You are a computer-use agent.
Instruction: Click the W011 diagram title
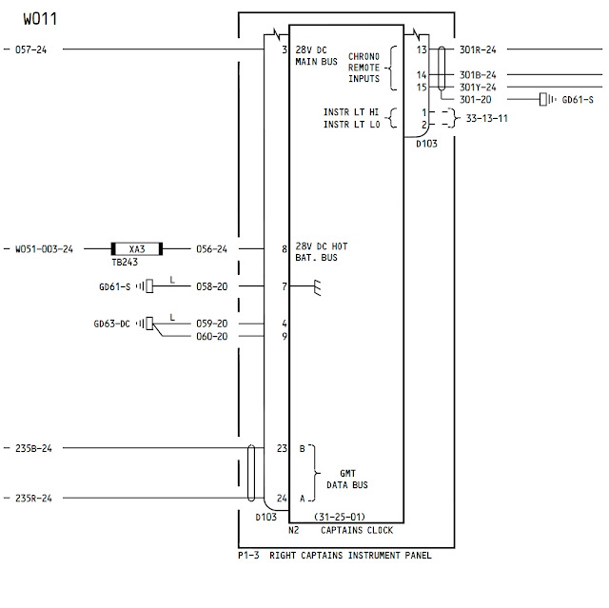point(40,19)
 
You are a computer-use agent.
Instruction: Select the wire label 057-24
point(30,49)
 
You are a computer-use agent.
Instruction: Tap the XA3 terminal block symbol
point(137,249)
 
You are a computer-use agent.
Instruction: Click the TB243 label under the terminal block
point(125,262)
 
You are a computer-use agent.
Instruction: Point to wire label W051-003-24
point(44,249)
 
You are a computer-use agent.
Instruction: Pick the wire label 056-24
point(211,249)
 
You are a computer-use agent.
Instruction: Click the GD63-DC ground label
point(112,324)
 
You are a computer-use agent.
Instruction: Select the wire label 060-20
point(211,336)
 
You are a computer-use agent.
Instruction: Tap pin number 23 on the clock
point(282,448)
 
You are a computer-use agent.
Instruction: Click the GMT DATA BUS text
point(347,480)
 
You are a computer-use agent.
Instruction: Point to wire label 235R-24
point(33,499)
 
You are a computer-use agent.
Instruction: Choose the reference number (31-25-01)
point(340,517)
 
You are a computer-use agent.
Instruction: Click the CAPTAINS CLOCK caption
point(357,530)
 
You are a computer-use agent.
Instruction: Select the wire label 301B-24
point(478,75)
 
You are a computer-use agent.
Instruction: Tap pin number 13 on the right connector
point(422,49)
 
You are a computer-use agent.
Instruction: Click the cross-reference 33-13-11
point(486,118)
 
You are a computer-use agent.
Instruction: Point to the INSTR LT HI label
point(351,112)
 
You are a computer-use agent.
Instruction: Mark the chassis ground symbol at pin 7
point(317,287)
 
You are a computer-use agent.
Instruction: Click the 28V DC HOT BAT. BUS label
point(322,252)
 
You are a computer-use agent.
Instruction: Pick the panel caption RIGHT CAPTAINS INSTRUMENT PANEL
point(350,556)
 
